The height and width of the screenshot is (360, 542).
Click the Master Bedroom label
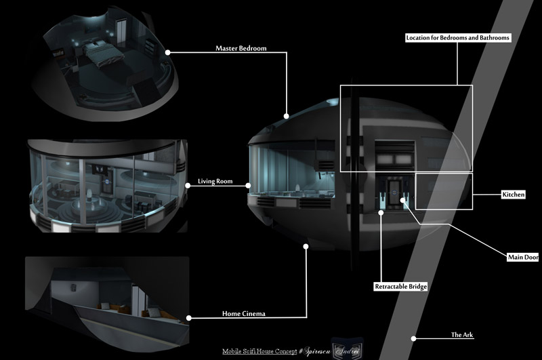pos(241,49)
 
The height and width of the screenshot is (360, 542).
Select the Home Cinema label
pos(243,314)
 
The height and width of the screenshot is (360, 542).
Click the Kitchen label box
pos(513,195)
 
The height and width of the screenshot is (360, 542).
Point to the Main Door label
pos(522,258)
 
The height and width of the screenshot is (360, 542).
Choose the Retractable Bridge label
pos(401,287)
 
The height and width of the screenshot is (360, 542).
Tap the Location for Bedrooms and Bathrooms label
pos(457,38)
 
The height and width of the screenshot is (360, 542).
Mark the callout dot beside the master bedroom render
pos(167,52)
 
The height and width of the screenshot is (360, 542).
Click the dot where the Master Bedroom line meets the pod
pos(287,115)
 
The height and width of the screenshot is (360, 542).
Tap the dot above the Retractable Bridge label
pos(381,212)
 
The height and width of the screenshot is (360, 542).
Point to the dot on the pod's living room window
pos(249,184)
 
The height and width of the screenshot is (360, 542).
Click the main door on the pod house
pos(394,192)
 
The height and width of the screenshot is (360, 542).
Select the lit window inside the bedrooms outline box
pos(394,155)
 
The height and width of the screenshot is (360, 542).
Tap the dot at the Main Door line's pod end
pos(404,199)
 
